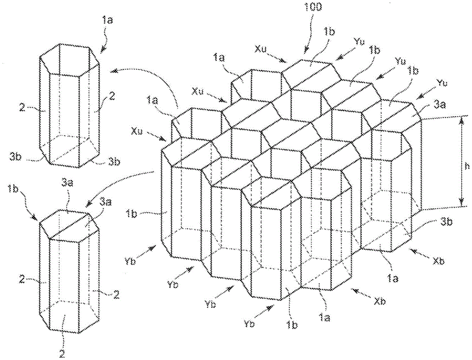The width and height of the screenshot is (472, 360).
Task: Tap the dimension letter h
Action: pos(467,166)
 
